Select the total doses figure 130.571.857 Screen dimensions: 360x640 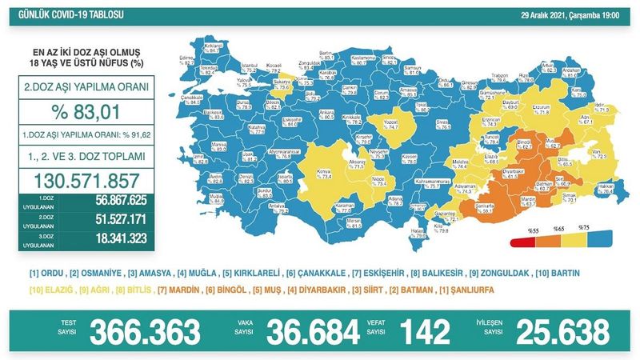point(94,181)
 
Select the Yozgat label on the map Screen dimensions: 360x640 point(395,123)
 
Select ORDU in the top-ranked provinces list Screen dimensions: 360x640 point(48,274)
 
